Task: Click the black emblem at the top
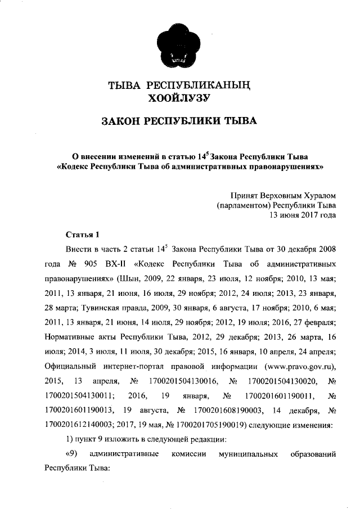(x=179, y=44)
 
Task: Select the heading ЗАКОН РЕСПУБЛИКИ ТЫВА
(x=178, y=121)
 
